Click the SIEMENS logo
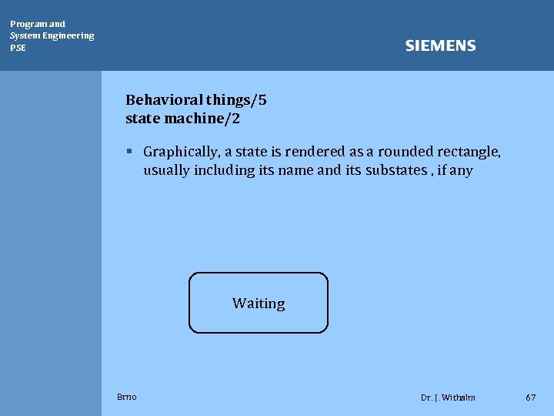point(440,46)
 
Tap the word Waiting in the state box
point(259,304)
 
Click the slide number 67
point(530,398)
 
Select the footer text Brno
point(127,397)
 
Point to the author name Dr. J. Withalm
point(448,398)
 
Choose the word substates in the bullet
point(392,170)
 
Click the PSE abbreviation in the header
point(18,48)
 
